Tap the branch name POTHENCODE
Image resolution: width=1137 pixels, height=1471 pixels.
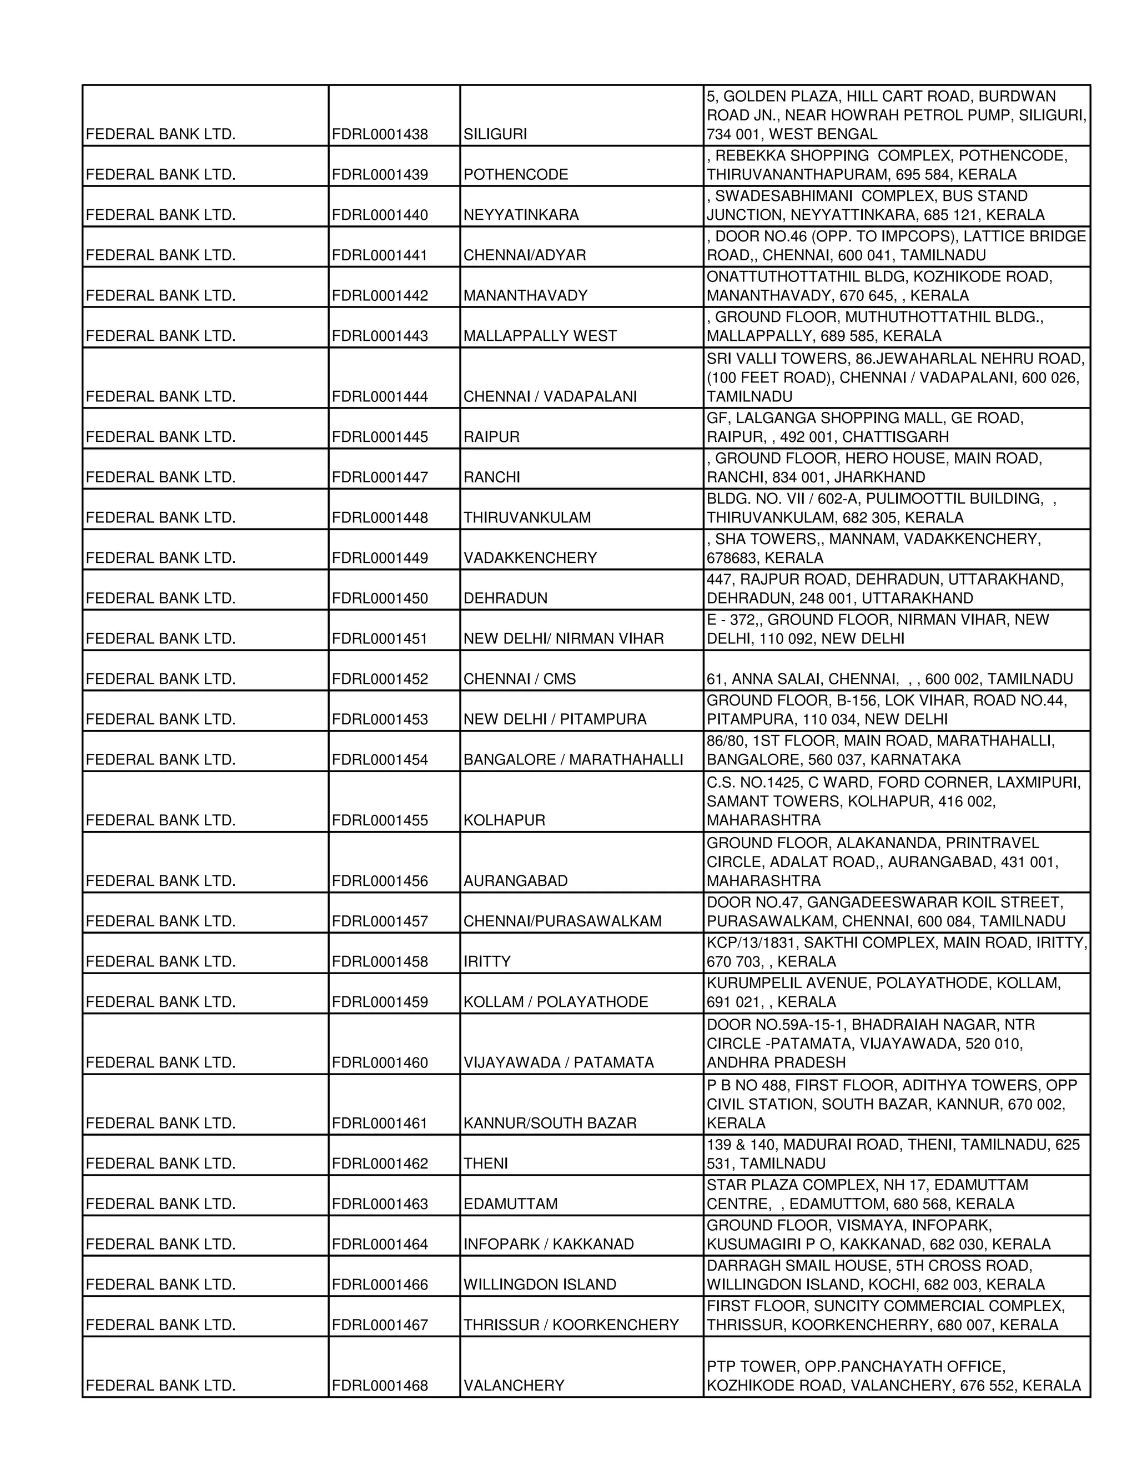pyautogui.click(x=516, y=175)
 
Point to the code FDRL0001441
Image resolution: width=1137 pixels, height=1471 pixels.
pyautogui.click(x=380, y=256)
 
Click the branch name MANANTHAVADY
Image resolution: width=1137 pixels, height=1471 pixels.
pyautogui.click(x=525, y=296)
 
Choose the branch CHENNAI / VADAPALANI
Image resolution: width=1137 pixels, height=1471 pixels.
pyautogui.click(x=550, y=397)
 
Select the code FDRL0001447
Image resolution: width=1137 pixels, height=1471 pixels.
pyautogui.click(x=380, y=477)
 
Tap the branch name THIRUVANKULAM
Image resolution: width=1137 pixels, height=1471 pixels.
pyautogui.click(x=527, y=518)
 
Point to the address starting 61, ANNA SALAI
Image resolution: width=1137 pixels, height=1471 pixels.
pyautogui.click(x=889, y=679)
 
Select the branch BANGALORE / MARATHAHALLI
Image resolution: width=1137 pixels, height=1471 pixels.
pyautogui.click(x=573, y=760)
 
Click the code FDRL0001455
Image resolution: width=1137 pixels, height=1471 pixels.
pyautogui.click(x=380, y=820)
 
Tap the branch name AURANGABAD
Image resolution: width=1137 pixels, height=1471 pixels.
pyautogui.click(x=515, y=881)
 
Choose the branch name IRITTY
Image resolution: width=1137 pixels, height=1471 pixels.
pyautogui.click(x=486, y=962)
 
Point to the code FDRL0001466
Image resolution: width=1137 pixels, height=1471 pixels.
pyautogui.click(x=380, y=1285)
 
